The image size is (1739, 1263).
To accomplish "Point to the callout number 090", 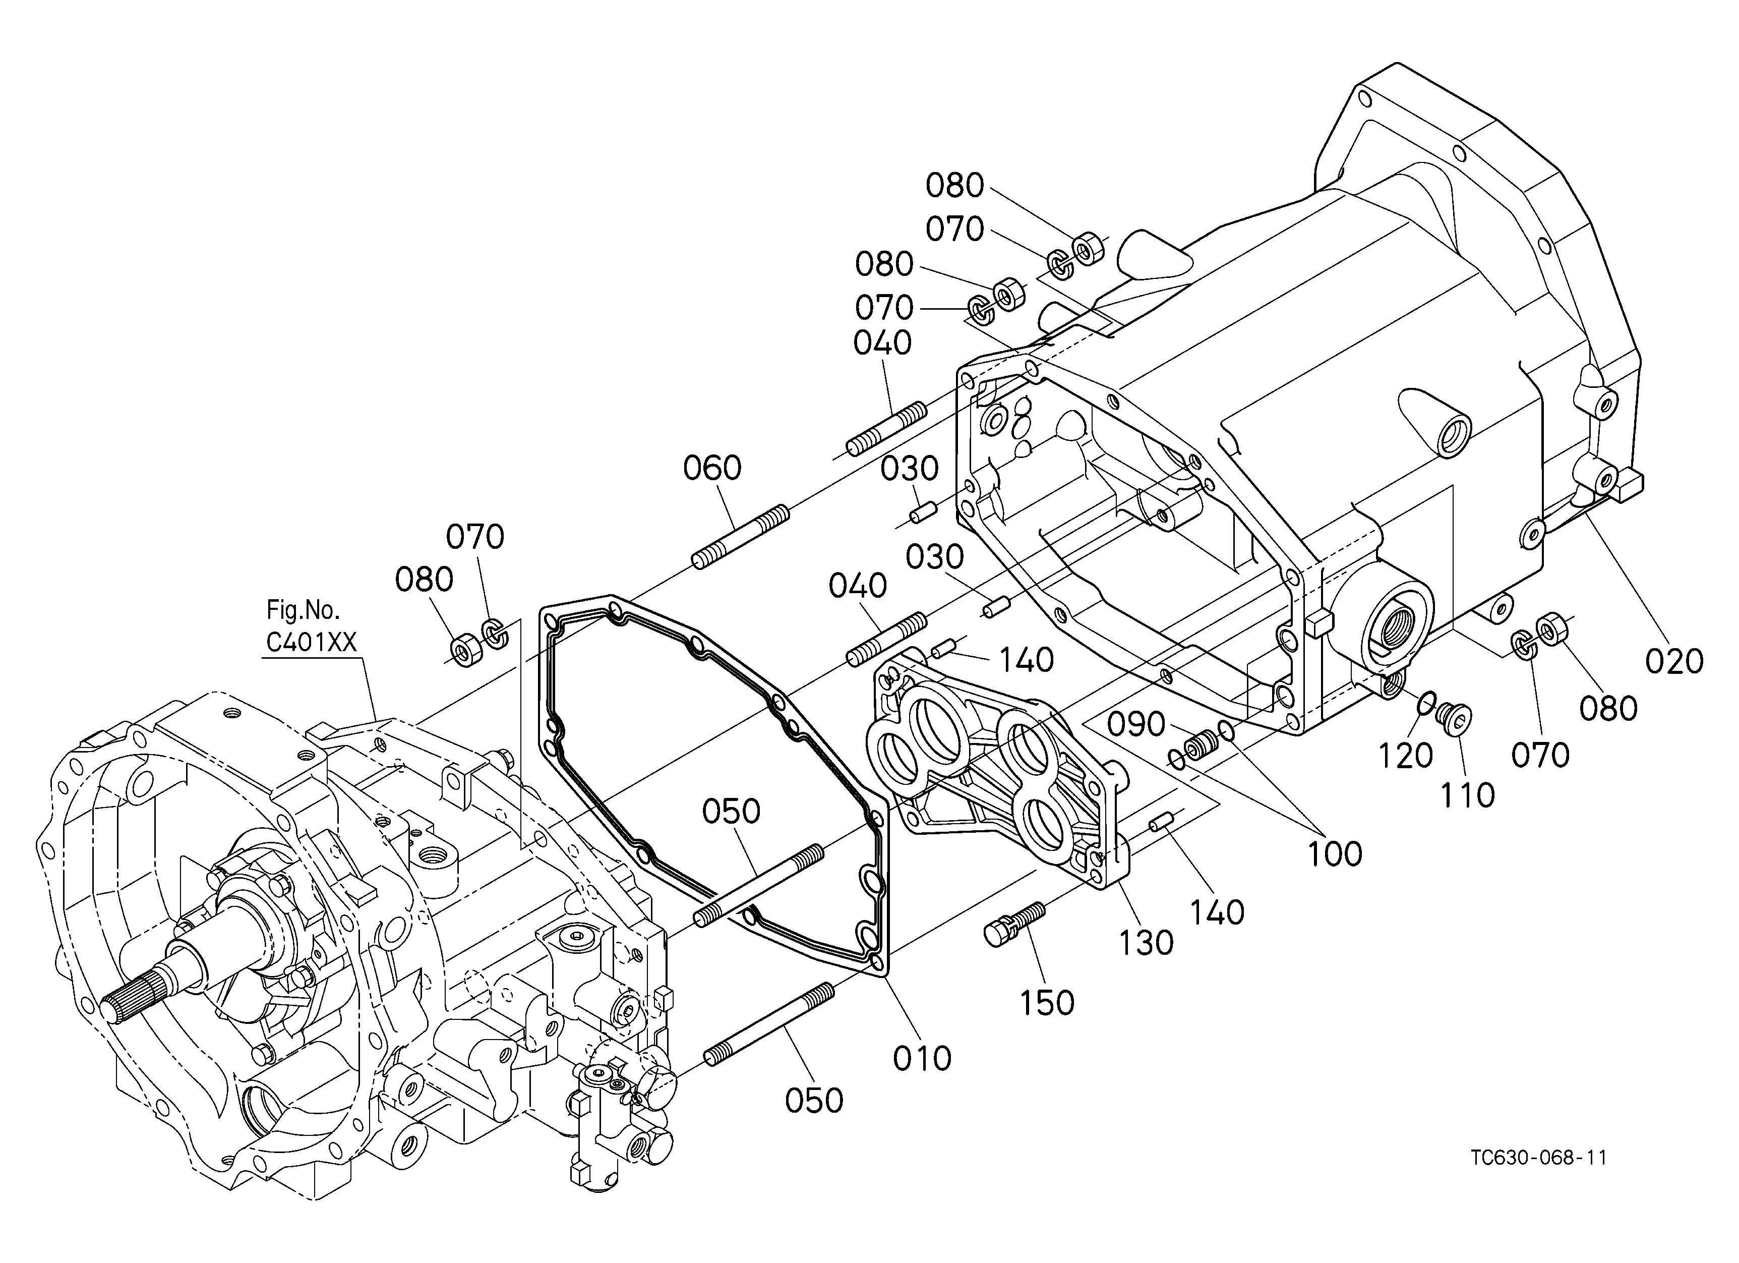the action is pyautogui.click(x=1136, y=724).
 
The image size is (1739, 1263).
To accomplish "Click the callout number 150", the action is pyautogui.click(x=1047, y=1002).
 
